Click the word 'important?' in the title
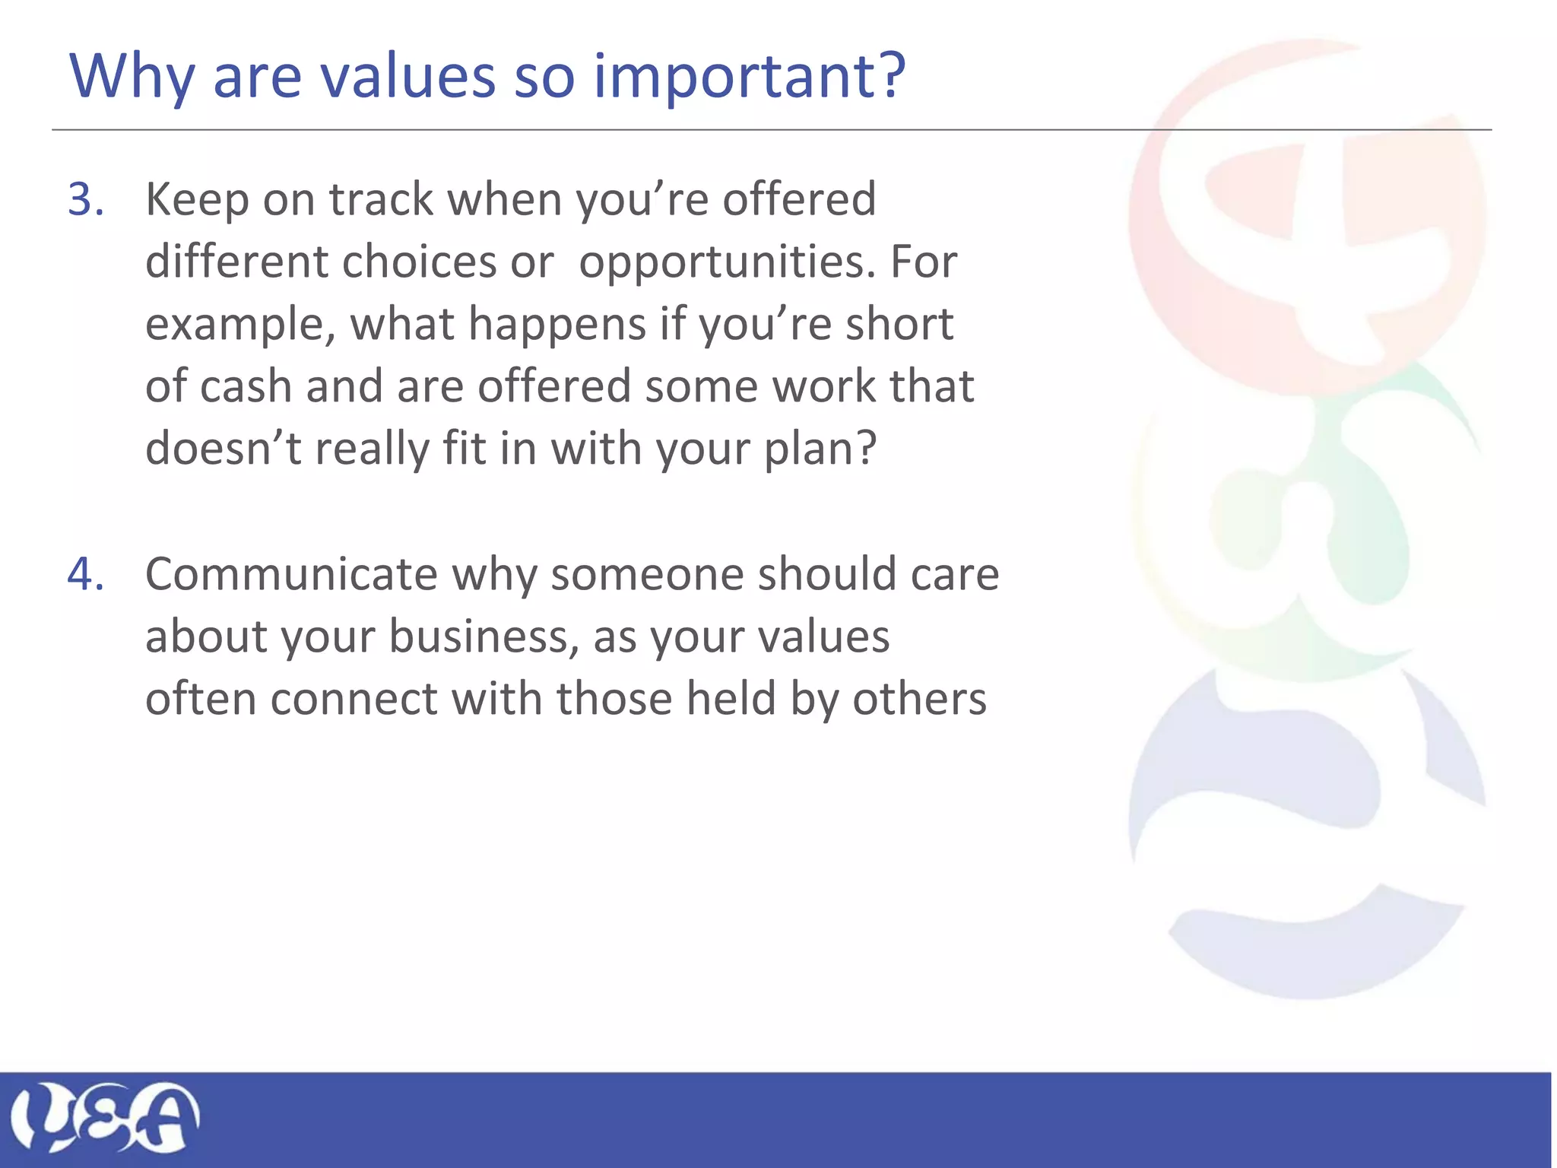749,78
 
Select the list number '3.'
86,200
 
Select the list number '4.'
86,574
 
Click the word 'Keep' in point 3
197,200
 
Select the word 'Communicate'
291,574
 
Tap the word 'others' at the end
919,699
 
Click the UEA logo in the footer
104,1116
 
